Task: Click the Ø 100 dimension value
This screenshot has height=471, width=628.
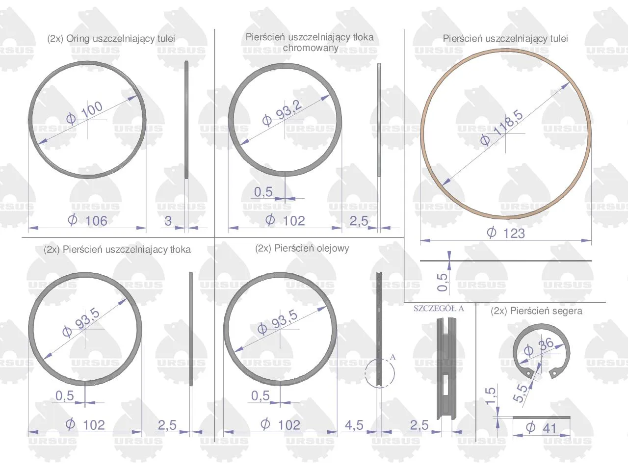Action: point(84,113)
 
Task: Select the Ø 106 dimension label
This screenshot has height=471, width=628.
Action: point(87,220)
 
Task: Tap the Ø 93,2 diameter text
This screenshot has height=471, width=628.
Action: point(282,112)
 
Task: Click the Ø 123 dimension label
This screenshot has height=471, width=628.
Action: point(506,233)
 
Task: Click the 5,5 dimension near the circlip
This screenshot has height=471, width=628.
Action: point(520,393)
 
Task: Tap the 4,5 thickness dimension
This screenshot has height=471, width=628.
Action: point(354,425)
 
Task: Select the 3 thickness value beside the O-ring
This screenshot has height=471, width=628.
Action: point(168,221)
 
